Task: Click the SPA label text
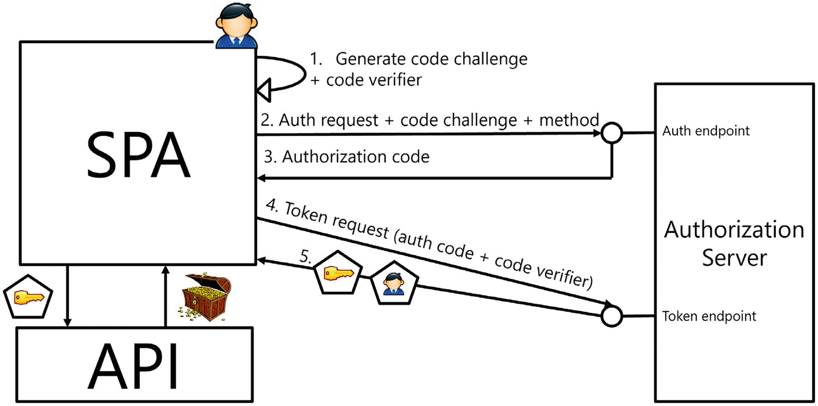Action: pyautogui.click(x=138, y=155)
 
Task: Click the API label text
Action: pyautogui.click(x=134, y=366)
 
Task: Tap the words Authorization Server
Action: pyautogui.click(x=734, y=243)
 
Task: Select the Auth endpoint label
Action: pyautogui.click(x=706, y=131)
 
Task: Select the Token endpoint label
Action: pyautogui.click(x=708, y=316)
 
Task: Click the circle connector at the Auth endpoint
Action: pyautogui.click(x=612, y=133)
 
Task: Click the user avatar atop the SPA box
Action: pyautogui.click(x=236, y=26)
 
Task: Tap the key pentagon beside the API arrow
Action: pyautogui.click(x=28, y=297)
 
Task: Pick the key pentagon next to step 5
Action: pyautogui.click(x=338, y=273)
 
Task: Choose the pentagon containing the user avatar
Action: pyautogui.click(x=394, y=283)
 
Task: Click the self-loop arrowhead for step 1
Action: pyautogui.click(x=264, y=90)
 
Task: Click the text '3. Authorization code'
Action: pyautogui.click(x=347, y=157)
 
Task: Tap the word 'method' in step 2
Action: pyautogui.click(x=569, y=120)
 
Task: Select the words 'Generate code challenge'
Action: pyautogui.click(x=431, y=59)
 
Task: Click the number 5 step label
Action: pyautogui.click(x=305, y=257)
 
